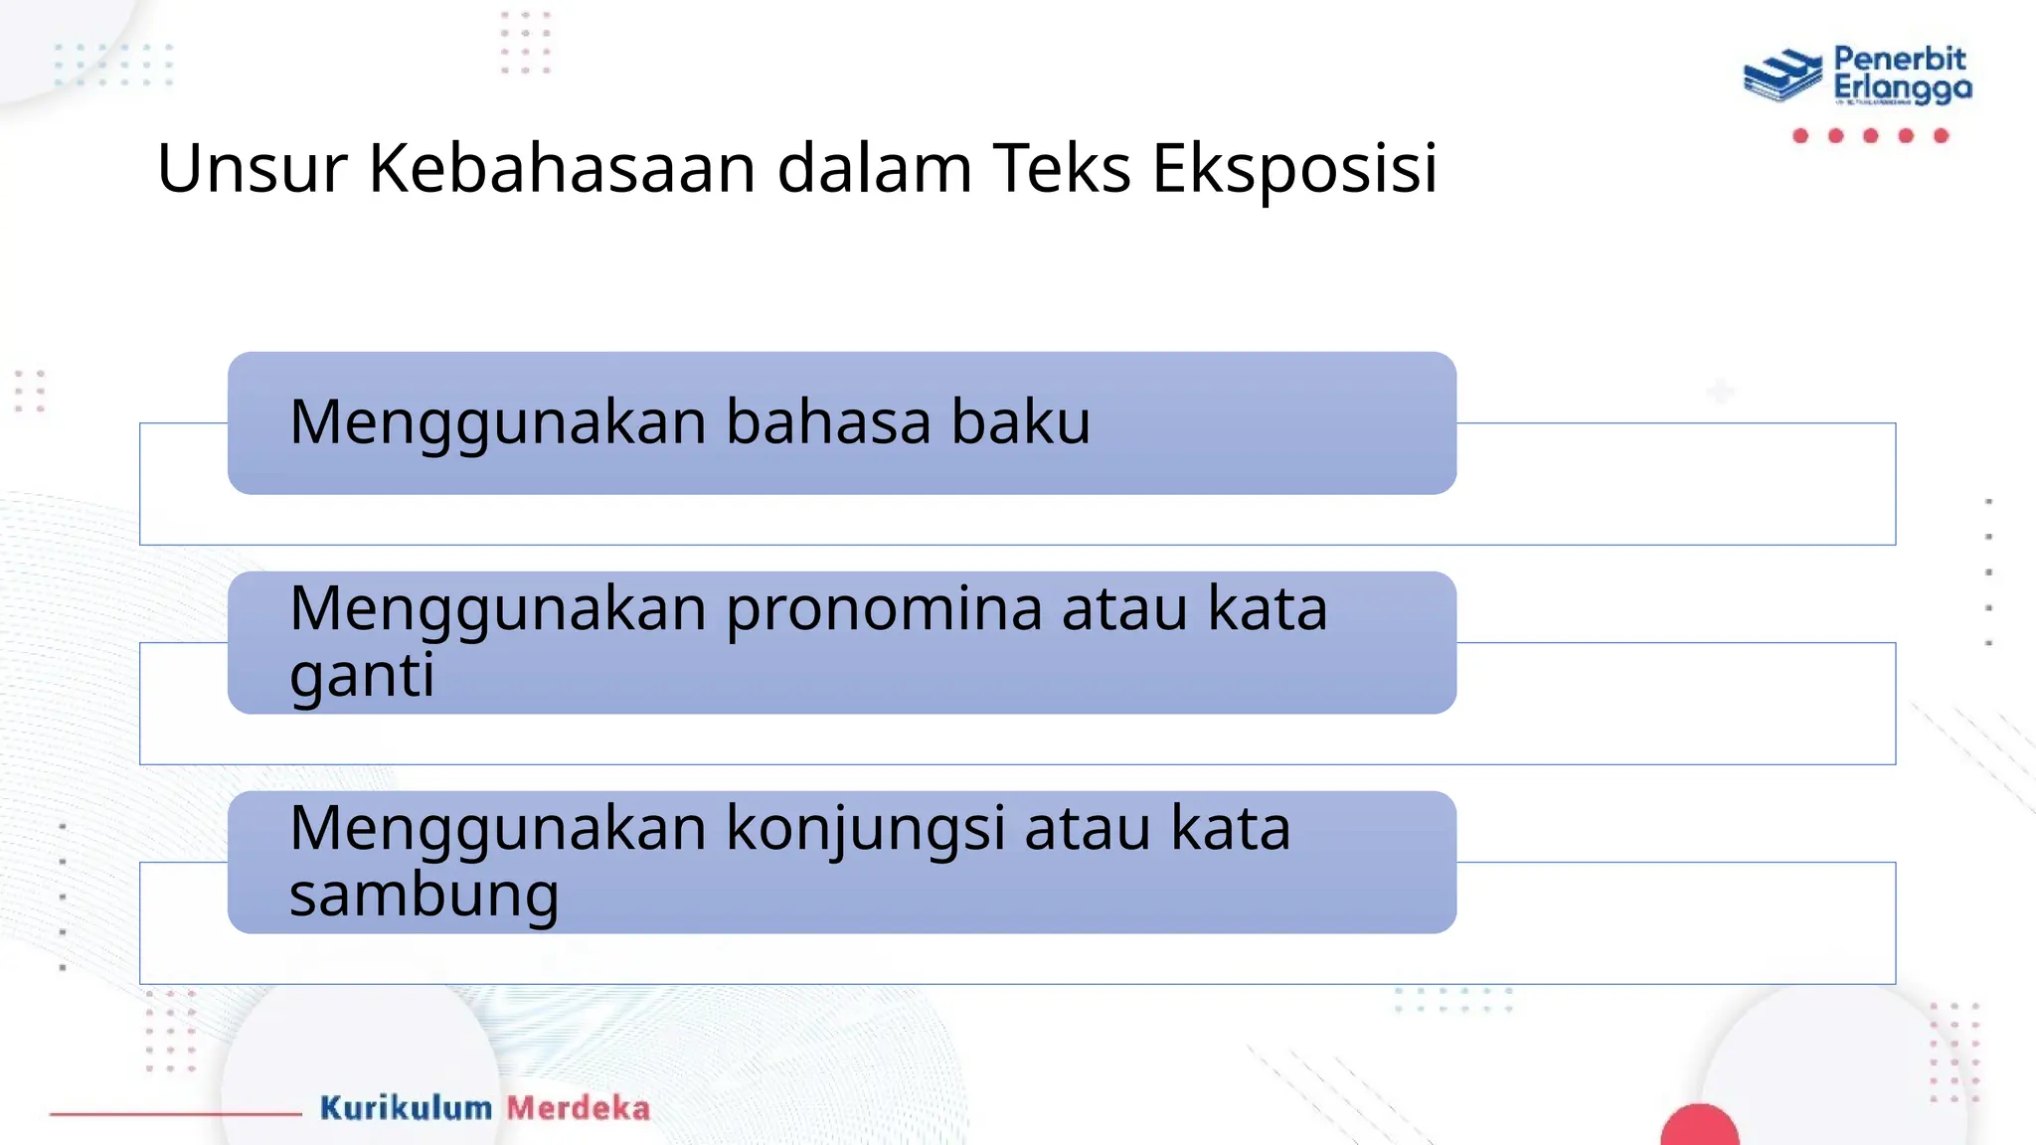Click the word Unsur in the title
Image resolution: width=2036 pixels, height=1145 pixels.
point(252,168)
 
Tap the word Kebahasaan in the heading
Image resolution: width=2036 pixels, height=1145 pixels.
point(563,168)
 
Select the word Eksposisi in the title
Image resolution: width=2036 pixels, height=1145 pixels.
point(1294,168)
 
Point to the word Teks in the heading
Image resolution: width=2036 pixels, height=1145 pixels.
point(1062,168)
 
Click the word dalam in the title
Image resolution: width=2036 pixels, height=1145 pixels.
point(874,168)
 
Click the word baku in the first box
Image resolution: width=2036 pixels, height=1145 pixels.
point(1021,421)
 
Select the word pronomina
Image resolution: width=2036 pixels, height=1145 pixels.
point(884,609)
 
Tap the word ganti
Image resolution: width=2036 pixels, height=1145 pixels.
point(362,677)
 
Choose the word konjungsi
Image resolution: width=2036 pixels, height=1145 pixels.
point(865,829)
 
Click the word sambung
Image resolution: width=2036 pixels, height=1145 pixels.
point(424,896)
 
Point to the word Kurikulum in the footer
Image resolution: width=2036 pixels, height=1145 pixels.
point(406,1107)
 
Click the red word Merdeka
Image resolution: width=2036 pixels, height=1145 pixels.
point(579,1107)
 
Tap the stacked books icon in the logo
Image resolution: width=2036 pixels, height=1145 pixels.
point(1782,76)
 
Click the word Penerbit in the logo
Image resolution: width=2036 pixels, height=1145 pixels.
point(1899,59)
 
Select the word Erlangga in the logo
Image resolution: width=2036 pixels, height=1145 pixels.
point(1902,88)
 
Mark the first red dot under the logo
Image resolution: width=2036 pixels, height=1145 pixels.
point(1800,135)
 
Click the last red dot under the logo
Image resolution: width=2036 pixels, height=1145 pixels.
point(1941,135)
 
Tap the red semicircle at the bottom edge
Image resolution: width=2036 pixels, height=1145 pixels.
point(1699,1127)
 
